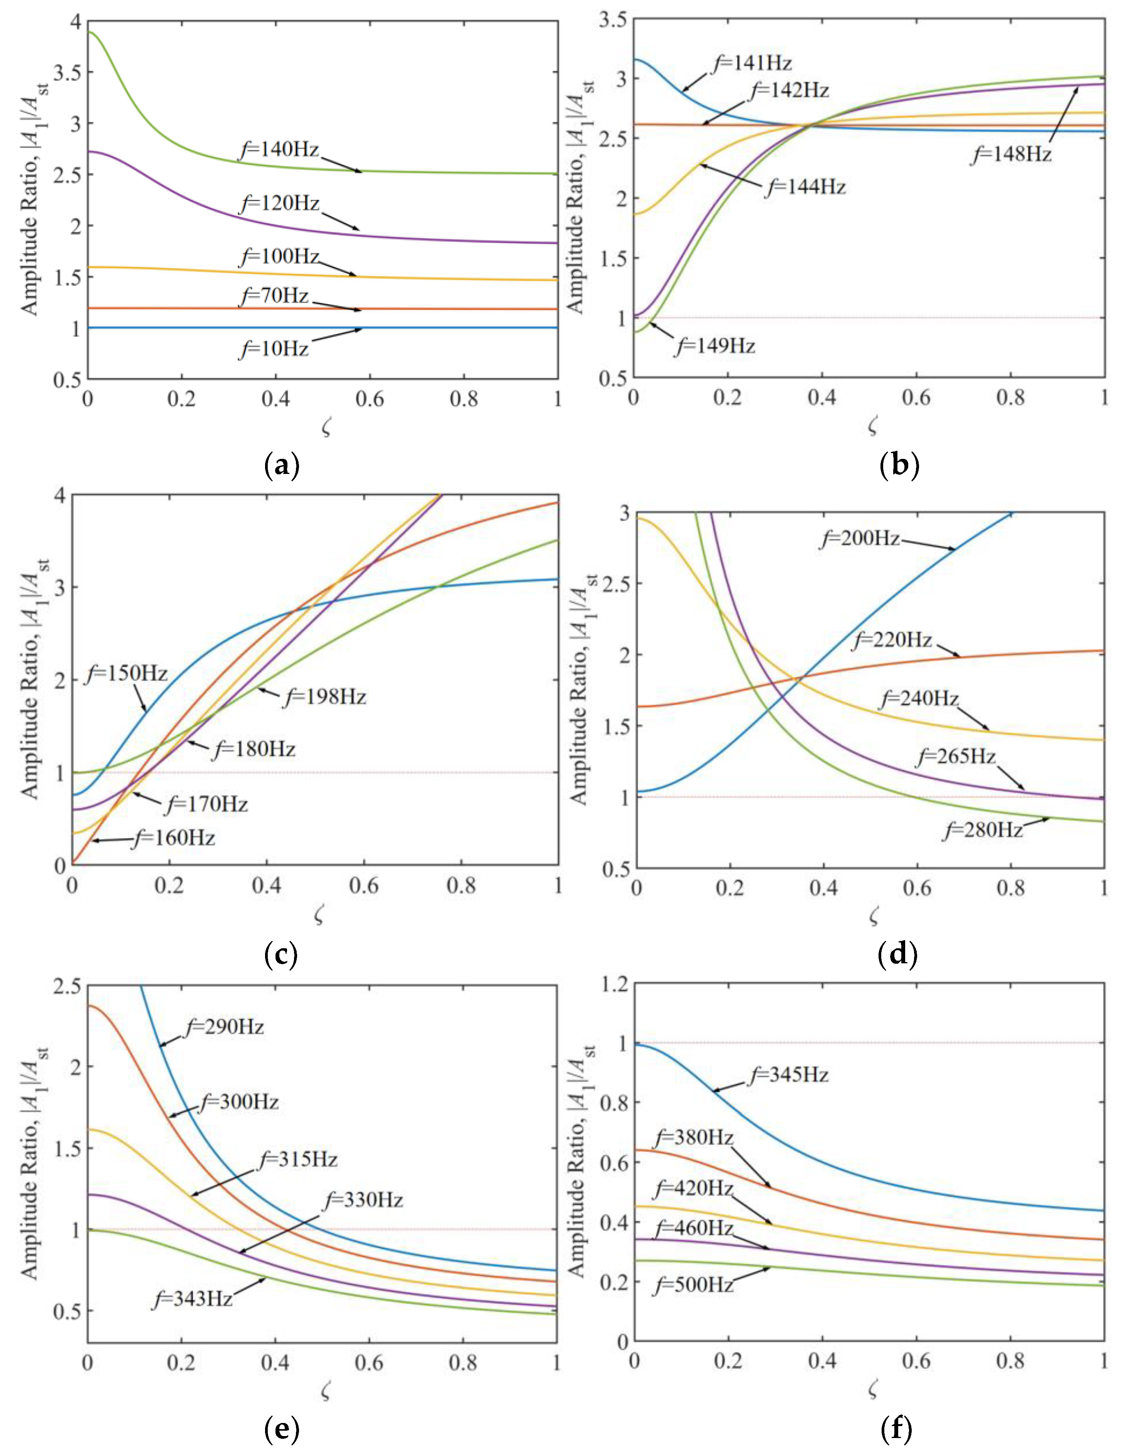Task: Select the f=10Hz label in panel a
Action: click(274, 349)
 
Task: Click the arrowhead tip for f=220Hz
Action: click(960, 656)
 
